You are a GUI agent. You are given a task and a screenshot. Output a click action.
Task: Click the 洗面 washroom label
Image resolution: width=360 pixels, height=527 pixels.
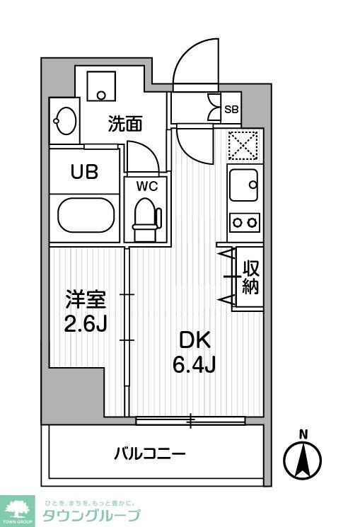point(125,124)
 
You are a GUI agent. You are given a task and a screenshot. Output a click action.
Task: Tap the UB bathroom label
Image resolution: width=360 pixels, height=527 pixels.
point(83,171)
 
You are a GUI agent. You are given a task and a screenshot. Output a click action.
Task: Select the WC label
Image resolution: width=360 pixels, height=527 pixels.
point(146,187)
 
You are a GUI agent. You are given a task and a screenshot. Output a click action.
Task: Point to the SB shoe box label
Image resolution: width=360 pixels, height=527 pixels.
point(231,109)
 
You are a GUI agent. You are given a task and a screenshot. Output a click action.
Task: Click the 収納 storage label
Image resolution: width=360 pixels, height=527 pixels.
point(250,277)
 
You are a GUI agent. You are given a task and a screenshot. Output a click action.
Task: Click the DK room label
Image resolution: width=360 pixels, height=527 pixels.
point(193,340)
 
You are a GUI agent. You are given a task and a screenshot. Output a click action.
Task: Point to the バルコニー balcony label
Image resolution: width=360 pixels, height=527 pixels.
point(149,453)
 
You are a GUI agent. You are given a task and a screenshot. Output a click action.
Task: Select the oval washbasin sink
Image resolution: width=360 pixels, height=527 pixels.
point(65,121)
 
